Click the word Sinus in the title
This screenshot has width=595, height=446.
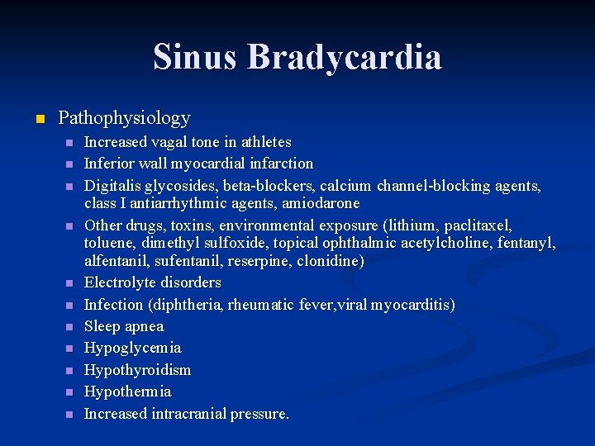[x=195, y=58]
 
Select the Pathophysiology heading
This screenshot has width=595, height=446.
[x=124, y=118]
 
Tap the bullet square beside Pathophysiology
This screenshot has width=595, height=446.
[x=38, y=120]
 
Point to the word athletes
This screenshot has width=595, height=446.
[x=264, y=142]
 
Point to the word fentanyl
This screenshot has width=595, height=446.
[x=530, y=243]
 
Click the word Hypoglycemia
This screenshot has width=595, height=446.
[x=132, y=348]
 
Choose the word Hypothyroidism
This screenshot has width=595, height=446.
[x=137, y=370]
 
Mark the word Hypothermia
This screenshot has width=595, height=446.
[x=127, y=391]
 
